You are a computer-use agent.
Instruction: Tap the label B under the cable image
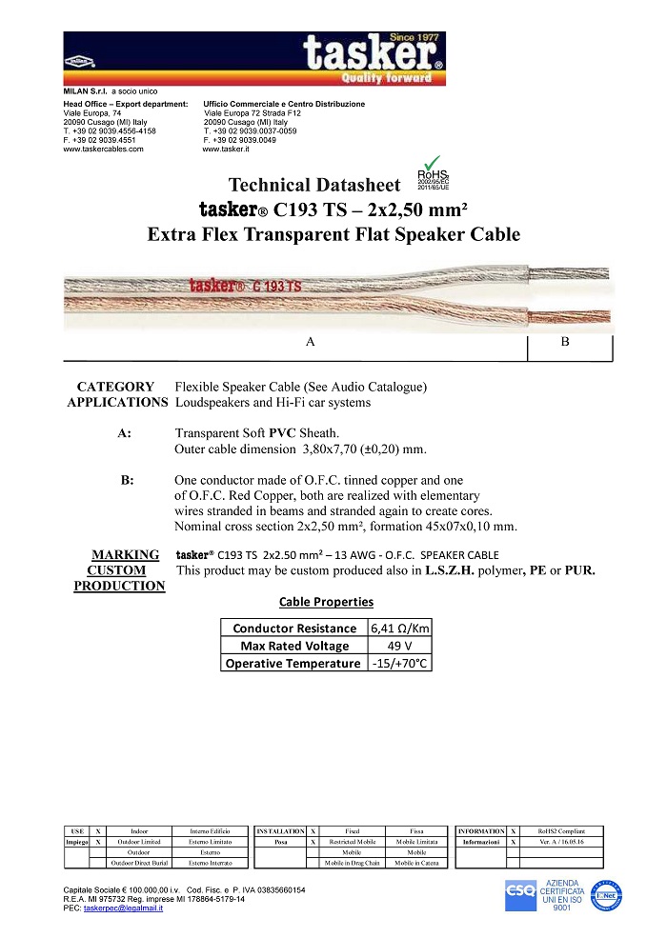[565, 343]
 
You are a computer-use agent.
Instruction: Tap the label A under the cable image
[310, 343]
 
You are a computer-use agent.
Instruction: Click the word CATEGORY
[115, 387]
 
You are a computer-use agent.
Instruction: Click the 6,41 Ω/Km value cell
[398, 629]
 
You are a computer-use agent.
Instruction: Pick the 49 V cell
[398, 646]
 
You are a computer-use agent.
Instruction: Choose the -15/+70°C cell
[398, 663]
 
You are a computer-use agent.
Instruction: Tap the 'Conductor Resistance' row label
[293, 629]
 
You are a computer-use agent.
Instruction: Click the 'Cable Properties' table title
[326, 602]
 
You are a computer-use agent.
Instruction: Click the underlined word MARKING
[125, 555]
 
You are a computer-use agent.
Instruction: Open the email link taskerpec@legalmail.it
[123, 908]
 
